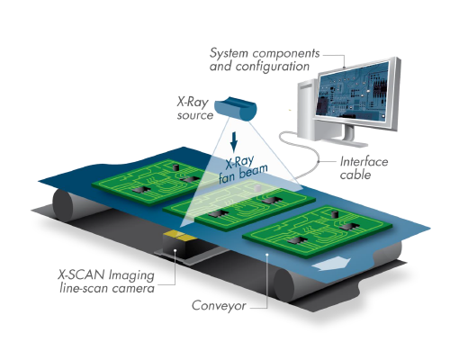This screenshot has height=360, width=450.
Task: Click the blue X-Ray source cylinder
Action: coord(236,109)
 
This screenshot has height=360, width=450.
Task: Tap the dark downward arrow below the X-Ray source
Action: coord(234,142)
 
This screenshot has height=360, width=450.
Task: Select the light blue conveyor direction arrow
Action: coord(331,264)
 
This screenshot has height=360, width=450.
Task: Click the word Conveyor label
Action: coord(219,305)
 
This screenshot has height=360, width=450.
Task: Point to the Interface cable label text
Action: coord(364,168)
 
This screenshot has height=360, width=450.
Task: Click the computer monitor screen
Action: coord(353,91)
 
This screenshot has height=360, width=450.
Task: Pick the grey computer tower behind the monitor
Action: coord(307,110)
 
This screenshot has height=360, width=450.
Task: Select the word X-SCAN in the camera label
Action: coord(81,274)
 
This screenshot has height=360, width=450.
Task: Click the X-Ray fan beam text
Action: coord(242,169)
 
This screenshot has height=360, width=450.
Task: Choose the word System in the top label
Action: coord(229,53)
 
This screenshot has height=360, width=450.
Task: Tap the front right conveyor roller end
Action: coord(284,284)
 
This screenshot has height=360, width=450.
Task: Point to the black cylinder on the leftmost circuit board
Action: coord(175,167)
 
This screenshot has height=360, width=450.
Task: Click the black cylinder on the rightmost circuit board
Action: coord(335,214)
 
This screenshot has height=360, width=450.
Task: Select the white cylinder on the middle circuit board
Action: coord(256,188)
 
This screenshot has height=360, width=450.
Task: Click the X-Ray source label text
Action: coord(194,109)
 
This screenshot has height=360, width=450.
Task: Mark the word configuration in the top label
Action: coord(273,67)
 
